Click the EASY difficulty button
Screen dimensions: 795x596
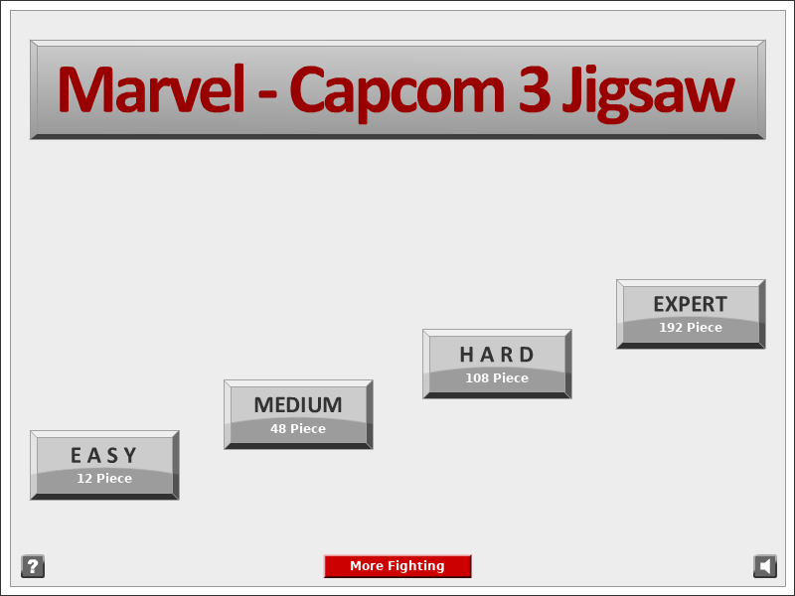pos(104,465)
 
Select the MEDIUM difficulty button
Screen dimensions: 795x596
pos(298,414)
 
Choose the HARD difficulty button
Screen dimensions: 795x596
pos(497,364)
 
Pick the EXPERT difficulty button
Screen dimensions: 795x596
pos(691,314)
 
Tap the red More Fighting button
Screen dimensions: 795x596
pos(397,566)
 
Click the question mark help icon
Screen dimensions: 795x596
pos(33,566)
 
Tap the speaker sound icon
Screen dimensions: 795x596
pos(765,566)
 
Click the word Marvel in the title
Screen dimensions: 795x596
pos(152,89)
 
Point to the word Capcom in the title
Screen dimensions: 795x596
pos(397,92)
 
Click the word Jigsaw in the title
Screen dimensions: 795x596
pos(648,93)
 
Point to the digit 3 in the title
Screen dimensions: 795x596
pos(535,89)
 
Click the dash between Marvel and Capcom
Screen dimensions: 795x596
pos(267,93)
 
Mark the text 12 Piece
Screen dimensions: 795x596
pos(104,479)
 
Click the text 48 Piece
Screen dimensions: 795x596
pos(298,429)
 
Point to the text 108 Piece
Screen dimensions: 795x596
pos(497,378)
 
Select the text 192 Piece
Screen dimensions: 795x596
pos(691,328)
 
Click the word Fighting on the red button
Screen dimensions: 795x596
pos(414,566)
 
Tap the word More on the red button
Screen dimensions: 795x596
pos(365,565)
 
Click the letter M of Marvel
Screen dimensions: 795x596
pos(87,89)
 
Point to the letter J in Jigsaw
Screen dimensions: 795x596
pos(571,93)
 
